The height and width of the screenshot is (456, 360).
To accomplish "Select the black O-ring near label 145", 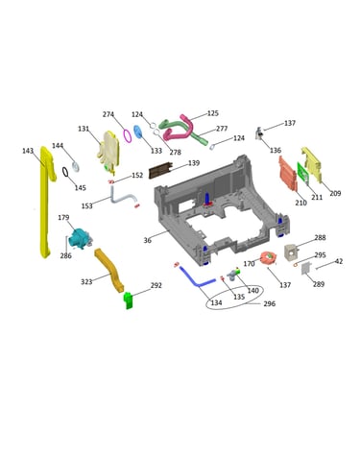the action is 65,172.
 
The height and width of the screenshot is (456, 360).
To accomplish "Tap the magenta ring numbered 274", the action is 128,135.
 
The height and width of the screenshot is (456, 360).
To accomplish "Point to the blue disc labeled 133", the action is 138,132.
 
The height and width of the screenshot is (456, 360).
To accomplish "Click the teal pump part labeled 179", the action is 80,240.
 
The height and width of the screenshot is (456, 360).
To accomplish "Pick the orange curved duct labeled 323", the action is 109,271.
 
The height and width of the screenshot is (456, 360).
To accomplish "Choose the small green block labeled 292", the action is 129,300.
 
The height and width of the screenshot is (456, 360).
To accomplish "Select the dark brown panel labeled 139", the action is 160,171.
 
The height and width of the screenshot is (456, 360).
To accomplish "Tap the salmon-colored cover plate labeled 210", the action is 288,174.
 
